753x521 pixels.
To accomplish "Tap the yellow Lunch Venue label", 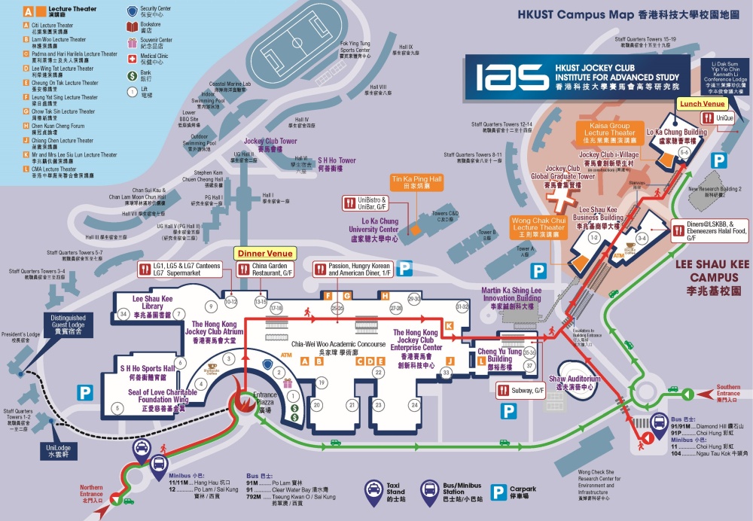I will click(x=702, y=103).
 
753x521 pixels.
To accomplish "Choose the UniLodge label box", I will click(x=57, y=450).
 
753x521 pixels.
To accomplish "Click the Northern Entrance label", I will click(x=92, y=492).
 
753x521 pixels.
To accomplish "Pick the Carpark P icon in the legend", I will click(x=498, y=491).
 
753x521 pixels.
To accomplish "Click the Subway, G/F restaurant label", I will click(x=520, y=390).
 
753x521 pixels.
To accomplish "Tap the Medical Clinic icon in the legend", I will click(x=132, y=58).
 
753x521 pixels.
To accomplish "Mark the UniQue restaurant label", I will click(x=720, y=119).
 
